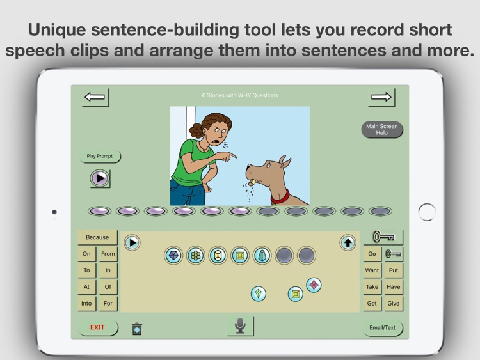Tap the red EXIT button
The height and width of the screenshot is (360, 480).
click(x=97, y=327)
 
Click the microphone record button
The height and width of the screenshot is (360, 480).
click(x=240, y=325)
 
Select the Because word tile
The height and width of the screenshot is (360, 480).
click(x=97, y=237)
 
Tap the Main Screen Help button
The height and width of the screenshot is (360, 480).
click(x=381, y=130)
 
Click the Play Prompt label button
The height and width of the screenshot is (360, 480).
click(x=100, y=156)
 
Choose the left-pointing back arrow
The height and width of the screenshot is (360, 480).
click(x=95, y=97)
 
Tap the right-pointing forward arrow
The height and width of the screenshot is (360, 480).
click(x=381, y=97)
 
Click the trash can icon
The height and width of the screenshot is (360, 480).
click(x=137, y=329)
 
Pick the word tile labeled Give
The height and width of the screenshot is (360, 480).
click(x=393, y=304)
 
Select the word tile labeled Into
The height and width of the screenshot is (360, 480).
click(x=86, y=304)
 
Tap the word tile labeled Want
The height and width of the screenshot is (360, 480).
click(x=372, y=270)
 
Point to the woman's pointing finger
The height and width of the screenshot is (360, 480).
click(x=234, y=155)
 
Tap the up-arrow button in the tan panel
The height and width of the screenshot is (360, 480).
click(x=348, y=242)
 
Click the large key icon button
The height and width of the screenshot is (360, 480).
click(x=383, y=237)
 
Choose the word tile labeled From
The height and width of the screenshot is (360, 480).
click(x=108, y=254)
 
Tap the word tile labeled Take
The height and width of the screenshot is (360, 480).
click(x=372, y=287)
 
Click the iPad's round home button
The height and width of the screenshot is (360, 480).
click(x=427, y=212)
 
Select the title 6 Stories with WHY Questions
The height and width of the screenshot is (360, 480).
click(x=240, y=96)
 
